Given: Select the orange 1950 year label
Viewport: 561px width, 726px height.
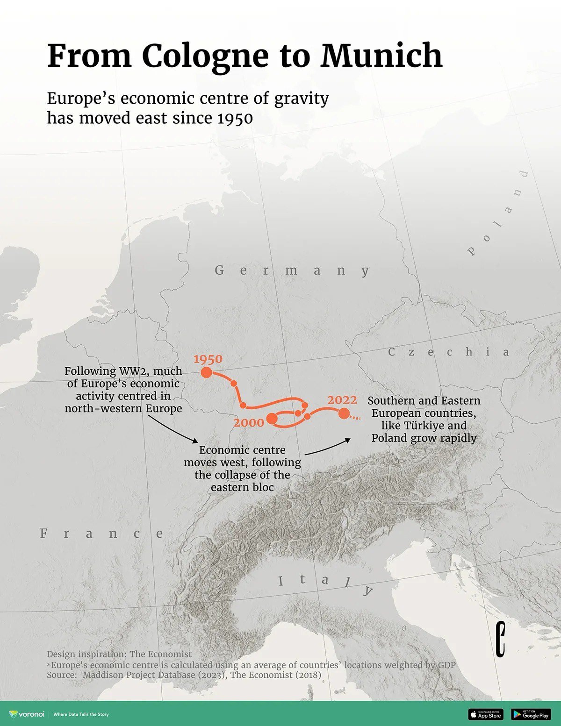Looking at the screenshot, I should tap(208, 359).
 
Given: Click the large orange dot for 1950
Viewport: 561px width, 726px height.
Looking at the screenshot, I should tap(206, 372).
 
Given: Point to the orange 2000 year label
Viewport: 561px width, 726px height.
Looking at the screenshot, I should tap(249, 423).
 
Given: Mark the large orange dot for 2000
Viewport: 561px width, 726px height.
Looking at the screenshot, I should tap(272, 419).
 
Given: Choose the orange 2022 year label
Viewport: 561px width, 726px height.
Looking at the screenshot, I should tap(342, 400).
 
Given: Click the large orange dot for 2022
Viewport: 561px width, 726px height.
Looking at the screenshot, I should tap(344, 413).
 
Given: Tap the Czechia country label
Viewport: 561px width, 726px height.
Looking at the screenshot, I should tap(448, 352).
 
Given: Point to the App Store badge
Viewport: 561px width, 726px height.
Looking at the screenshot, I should tap(486, 714).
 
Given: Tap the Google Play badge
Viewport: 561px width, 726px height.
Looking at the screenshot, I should tap(530, 714).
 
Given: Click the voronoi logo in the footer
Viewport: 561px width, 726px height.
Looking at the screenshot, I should tap(27, 714).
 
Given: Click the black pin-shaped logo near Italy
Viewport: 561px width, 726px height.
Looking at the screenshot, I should tap(501, 639).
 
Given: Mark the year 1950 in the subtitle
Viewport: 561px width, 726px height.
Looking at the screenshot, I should tap(235, 118).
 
